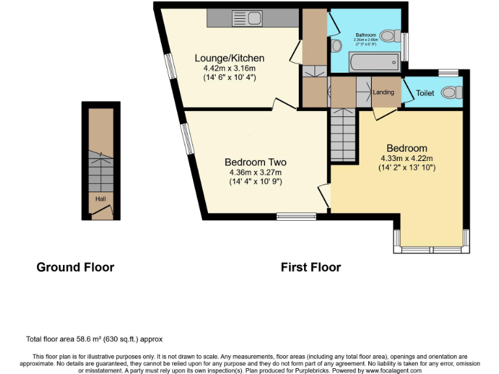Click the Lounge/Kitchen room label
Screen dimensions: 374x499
229,58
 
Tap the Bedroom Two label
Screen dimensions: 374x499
255,162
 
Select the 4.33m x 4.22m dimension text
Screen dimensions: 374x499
407,158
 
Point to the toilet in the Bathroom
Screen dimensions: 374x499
390,35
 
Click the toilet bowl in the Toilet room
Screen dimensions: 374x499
450,93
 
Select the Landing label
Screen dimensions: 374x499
383,92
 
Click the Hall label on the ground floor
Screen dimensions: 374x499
101,199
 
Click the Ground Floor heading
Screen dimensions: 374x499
75,267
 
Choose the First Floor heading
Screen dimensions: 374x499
311,267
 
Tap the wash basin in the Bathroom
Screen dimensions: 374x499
337,46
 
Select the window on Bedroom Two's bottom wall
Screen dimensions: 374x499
296,216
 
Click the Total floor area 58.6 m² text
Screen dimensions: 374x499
94,339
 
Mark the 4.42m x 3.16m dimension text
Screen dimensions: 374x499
229,68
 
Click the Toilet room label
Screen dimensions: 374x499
425,93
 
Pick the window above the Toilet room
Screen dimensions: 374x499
446,72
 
